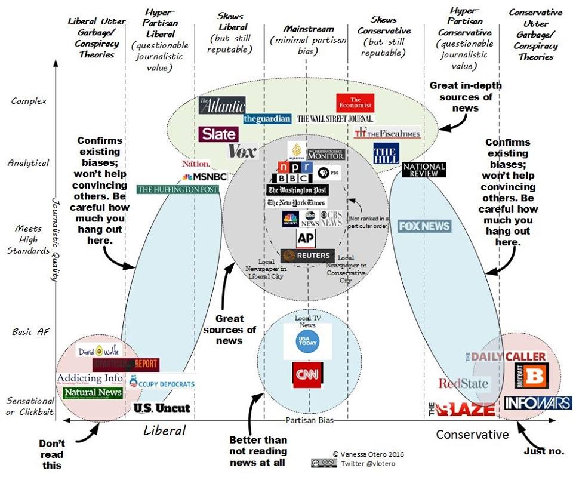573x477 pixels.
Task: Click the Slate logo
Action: point(218,134)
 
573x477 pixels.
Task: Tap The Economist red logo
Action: point(355,103)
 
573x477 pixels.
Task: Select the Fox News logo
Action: point(424,226)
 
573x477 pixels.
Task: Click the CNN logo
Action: point(307,375)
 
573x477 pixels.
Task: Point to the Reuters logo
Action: point(307,256)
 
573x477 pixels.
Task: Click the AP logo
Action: point(306,238)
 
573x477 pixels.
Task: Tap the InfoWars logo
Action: point(537,404)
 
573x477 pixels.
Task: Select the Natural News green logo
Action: point(93,392)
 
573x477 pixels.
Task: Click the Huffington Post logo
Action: point(177,189)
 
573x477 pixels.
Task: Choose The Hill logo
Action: point(386,153)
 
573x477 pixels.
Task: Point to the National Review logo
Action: point(424,170)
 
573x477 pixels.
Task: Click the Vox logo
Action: point(242,150)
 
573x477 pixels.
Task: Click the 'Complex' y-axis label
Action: point(29,101)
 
